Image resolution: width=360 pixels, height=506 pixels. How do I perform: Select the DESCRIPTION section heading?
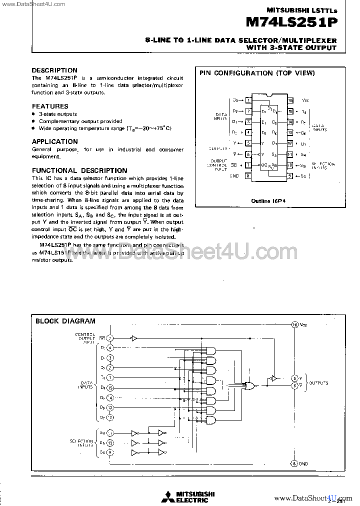(54, 70)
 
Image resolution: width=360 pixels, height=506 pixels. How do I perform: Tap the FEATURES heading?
(50, 106)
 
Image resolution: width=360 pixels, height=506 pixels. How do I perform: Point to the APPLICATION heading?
(55, 141)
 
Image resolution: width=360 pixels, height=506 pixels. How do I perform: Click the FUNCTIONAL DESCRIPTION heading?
(79, 170)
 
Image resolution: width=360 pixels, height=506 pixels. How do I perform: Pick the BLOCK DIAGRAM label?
(65, 321)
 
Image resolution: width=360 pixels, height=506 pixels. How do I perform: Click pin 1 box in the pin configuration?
(248, 100)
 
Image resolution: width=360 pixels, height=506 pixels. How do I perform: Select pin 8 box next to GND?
(248, 176)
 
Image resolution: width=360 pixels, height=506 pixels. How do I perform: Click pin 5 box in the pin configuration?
(248, 143)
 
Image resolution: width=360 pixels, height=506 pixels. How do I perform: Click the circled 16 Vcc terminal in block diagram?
(295, 325)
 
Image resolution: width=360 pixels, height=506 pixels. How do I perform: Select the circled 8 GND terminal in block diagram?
(294, 463)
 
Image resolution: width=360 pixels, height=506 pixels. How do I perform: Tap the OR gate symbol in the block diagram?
(248, 385)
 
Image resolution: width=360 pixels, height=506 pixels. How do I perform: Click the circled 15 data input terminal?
(110, 387)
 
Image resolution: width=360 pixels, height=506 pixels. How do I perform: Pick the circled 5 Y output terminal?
(295, 378)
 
